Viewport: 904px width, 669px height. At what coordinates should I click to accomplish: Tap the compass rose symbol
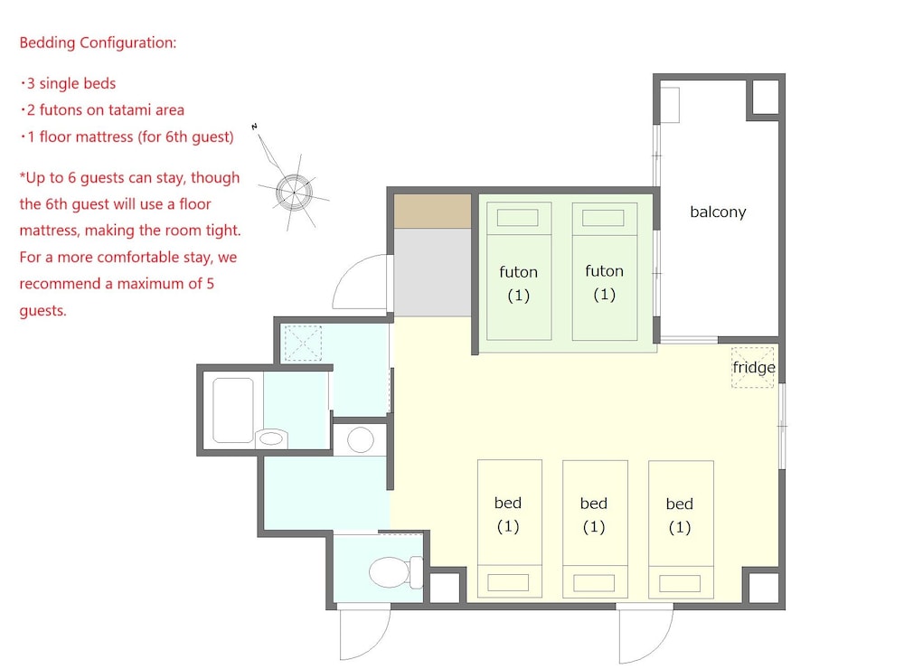[293, 191]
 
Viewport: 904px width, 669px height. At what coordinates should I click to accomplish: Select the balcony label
[718, 212]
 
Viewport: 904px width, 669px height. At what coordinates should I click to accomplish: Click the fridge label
[753, 368]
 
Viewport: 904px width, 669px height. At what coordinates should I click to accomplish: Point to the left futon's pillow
[518, 218]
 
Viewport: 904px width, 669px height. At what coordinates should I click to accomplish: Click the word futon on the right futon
[604, 271]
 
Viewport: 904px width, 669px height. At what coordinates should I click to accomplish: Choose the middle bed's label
[594, 504]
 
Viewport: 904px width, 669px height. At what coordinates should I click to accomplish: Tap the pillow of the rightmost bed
[680, 582]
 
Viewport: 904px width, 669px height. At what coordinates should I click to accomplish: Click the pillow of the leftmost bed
[508, 582]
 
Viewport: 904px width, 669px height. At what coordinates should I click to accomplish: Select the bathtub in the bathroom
[232, 410]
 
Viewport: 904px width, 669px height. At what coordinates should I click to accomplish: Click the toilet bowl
[391, 571]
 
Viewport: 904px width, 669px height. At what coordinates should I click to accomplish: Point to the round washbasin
[361, 439]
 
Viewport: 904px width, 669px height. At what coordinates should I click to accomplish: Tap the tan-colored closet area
[433, 212]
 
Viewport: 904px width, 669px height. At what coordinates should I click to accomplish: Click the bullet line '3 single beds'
[68, 84]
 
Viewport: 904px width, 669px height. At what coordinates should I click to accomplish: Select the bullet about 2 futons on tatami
[102, 110]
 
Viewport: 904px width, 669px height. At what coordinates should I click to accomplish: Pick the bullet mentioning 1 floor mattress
[127, 137]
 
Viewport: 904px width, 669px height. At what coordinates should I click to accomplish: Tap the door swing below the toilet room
[364, 633]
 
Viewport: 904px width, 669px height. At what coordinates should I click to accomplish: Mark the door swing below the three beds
[645, 635]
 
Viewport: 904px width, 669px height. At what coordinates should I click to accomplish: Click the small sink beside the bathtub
[271, 439]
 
